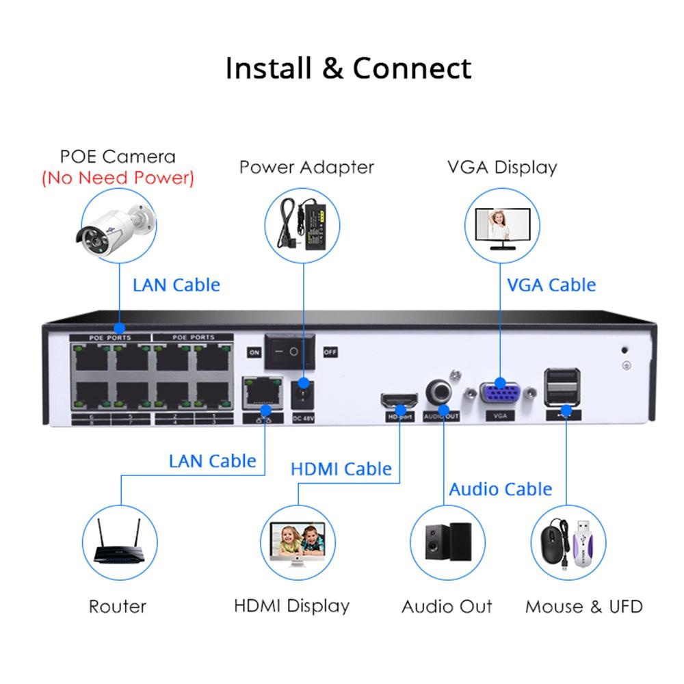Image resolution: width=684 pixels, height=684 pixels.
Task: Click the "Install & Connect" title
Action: (x=348, y=68)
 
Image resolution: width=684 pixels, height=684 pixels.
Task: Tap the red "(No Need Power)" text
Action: (x=118, y=179)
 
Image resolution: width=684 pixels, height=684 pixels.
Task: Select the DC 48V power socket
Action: (x=302, y=395)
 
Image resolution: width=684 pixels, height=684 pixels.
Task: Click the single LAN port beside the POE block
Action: (x=263, y=392)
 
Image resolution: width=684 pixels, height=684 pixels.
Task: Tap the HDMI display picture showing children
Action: (x=298, y=540)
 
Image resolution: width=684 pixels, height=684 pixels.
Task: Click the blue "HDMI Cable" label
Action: (x=341, y=469)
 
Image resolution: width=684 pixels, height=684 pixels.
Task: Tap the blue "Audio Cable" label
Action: (x=500, y=489)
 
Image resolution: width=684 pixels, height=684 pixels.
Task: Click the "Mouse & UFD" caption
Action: (x=583, y=606)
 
